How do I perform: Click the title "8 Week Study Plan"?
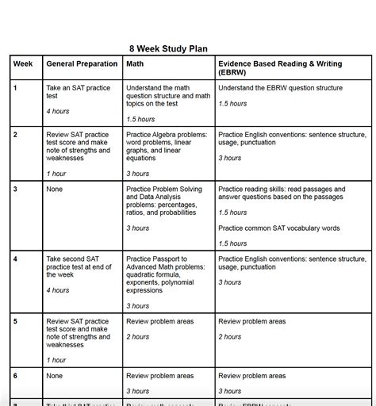pos(168,48)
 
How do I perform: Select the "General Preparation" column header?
pos(82,63)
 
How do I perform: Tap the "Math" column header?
pos(135,63)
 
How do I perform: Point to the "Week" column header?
pos(23,63)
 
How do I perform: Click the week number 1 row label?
pos(16,87)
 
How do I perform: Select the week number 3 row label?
pos(16,190)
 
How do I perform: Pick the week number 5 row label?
pos(16,321)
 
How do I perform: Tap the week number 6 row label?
pos(16,376)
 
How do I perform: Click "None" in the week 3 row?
pos(54,190)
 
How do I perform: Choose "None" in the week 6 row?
pos(54,376)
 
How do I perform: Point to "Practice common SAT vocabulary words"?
pos(278,228)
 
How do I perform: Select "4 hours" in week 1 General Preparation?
pos(58,111)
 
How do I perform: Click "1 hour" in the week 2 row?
pos(56,174)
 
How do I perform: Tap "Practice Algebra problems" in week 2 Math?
pos(167,135)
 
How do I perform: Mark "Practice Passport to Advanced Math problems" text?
pos(163,266)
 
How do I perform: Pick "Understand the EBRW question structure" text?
pos(280,87)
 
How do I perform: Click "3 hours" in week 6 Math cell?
pos(137,391)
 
